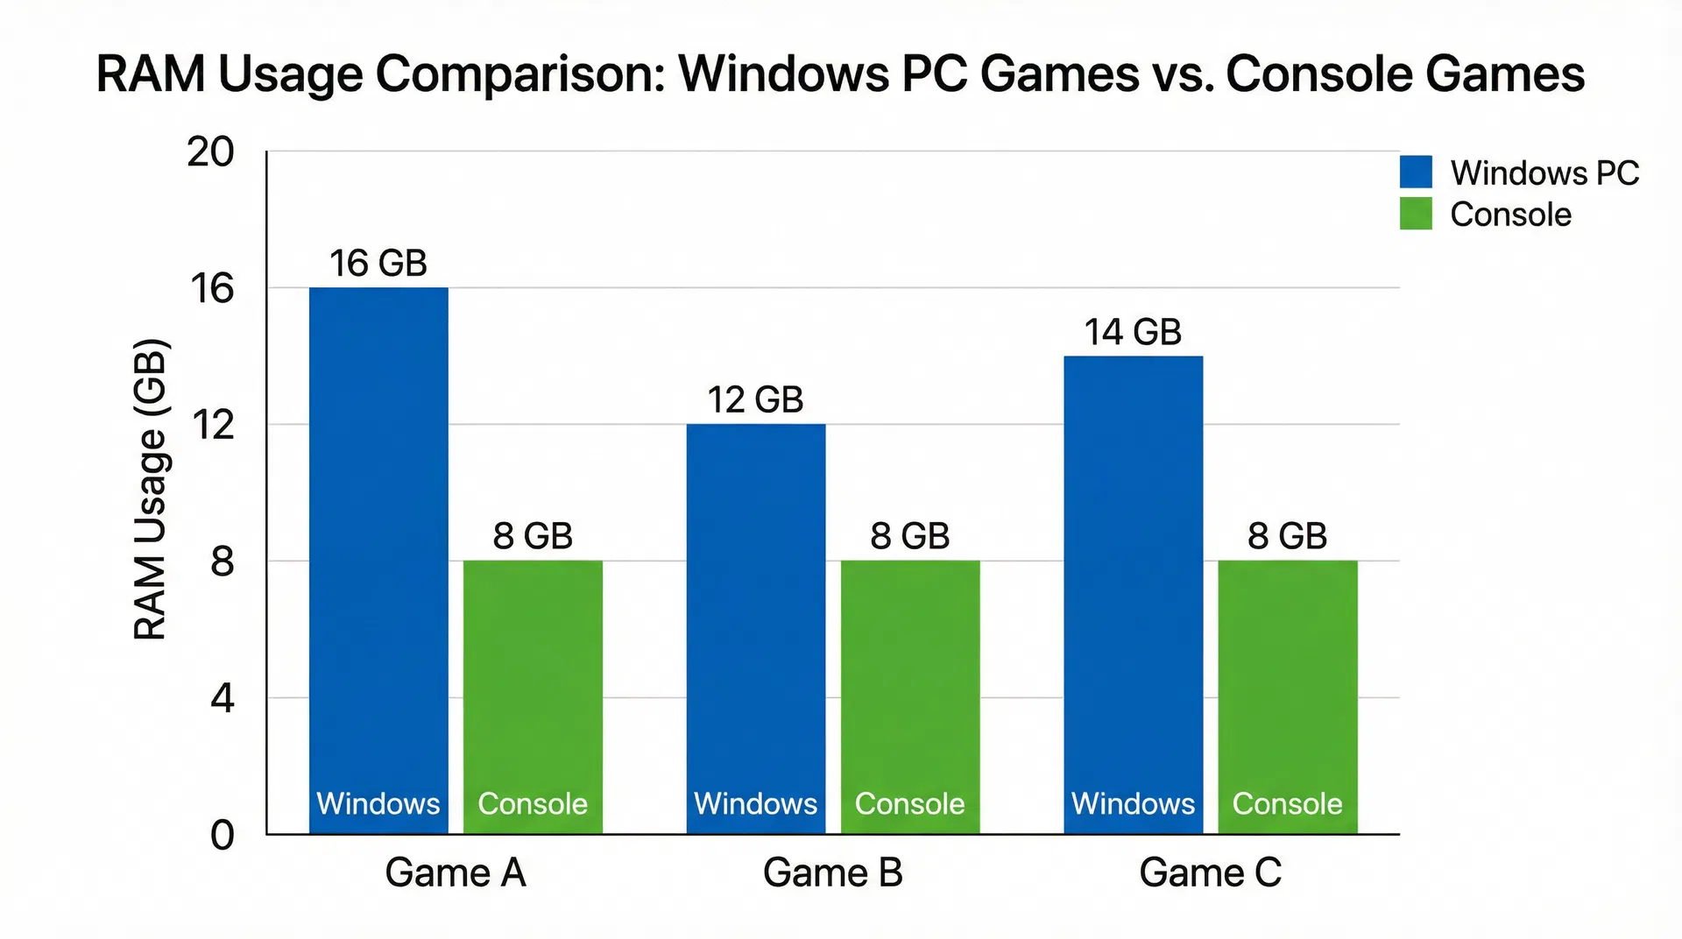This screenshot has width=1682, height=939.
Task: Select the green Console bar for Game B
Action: coord(910,683)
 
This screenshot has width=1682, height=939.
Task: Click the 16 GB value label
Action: coord(378,264)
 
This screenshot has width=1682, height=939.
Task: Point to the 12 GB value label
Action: coord(755,400)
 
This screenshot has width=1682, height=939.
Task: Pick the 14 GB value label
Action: coord(1133,332)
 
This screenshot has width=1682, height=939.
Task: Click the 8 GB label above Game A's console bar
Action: coord(533,536)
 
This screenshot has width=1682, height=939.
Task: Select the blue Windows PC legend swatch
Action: coord(1416,172)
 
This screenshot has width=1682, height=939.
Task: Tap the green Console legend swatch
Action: coord(1416,214)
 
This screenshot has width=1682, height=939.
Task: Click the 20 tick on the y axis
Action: coord(210,152)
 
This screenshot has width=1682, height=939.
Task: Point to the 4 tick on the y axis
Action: coord(223,698)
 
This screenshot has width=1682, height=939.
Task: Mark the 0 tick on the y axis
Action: coord(223,835)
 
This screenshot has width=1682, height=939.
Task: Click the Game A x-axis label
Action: coord(456,872)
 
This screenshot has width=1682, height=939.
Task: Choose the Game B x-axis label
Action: coord(832,872)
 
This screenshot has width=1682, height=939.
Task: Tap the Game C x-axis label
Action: coord(1210,872)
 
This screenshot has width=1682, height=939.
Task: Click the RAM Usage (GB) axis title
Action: coord(150,489)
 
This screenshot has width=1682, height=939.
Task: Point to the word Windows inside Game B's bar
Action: coord(755,803)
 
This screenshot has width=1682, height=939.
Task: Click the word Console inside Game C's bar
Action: coord(1287,803)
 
